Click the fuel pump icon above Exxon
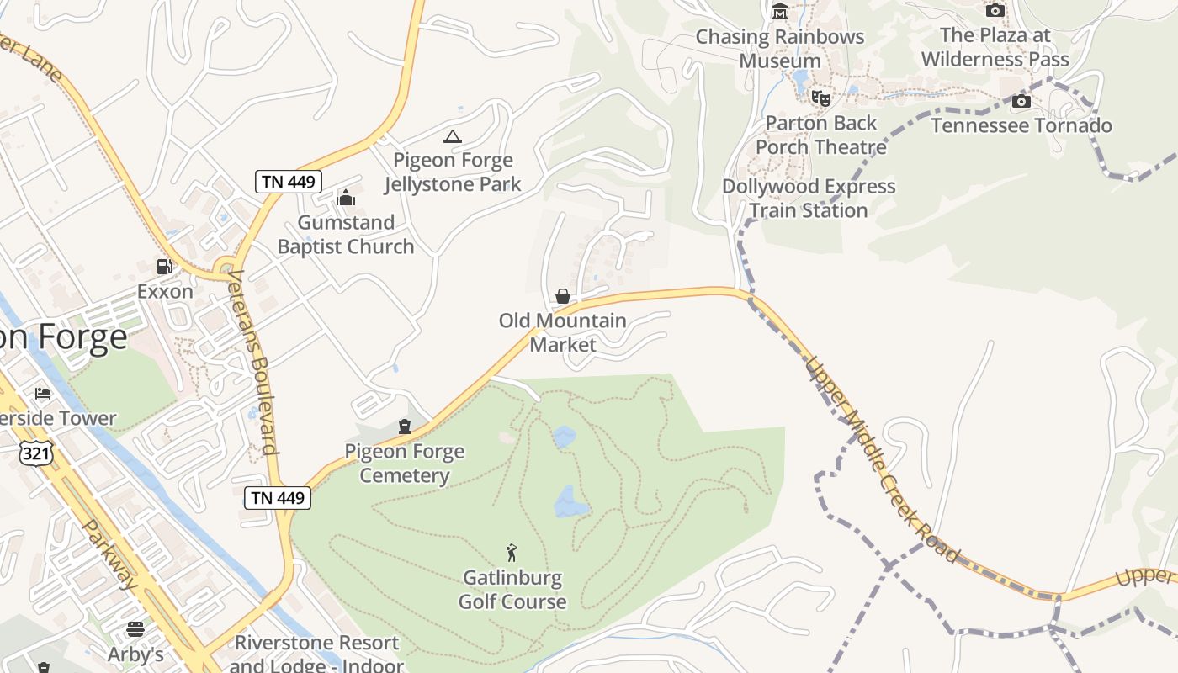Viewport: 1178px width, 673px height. [165, 267]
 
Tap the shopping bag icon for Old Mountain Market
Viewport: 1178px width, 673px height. [563, 296]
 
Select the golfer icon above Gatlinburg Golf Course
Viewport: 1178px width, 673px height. [512, 553]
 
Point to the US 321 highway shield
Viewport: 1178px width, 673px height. [40, 453]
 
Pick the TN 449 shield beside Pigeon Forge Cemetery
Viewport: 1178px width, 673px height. [279, 497]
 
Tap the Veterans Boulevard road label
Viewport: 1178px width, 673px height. [252, 362]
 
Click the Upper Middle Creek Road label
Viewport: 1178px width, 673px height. [882, 459]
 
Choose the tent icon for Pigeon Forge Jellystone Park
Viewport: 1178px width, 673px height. [453, 136]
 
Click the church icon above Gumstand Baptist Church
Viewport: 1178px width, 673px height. [345, 199]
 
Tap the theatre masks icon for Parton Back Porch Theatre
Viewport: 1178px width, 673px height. [821, 98]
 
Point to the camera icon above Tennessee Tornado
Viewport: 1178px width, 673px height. [1021, 102]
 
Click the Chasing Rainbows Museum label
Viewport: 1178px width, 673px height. [780, 49]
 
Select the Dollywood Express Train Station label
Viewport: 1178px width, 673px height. [809, 199]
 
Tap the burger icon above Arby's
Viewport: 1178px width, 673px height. [135, 629]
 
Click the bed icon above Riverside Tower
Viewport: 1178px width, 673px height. [43, 394]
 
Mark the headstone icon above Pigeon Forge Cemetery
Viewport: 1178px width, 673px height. [405, 427]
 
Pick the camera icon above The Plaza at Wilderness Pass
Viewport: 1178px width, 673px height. [995, 11]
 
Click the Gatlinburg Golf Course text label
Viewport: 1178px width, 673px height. [512, 590]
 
